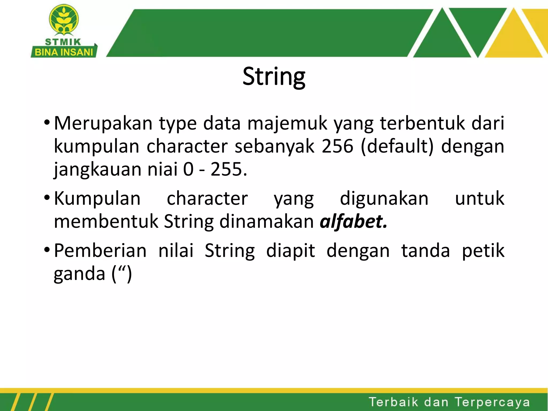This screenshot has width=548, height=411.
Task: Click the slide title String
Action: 274,77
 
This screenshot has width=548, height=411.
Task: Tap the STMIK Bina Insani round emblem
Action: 64,20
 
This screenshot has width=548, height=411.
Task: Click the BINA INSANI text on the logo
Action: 64,52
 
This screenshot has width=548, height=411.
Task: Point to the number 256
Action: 337,146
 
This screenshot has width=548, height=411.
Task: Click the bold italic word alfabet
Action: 353,222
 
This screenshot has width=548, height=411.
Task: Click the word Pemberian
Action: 100,251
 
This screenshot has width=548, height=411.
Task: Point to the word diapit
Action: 291,251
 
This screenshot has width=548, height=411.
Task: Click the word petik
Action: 483,251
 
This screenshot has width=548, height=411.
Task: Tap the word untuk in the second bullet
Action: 479,199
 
